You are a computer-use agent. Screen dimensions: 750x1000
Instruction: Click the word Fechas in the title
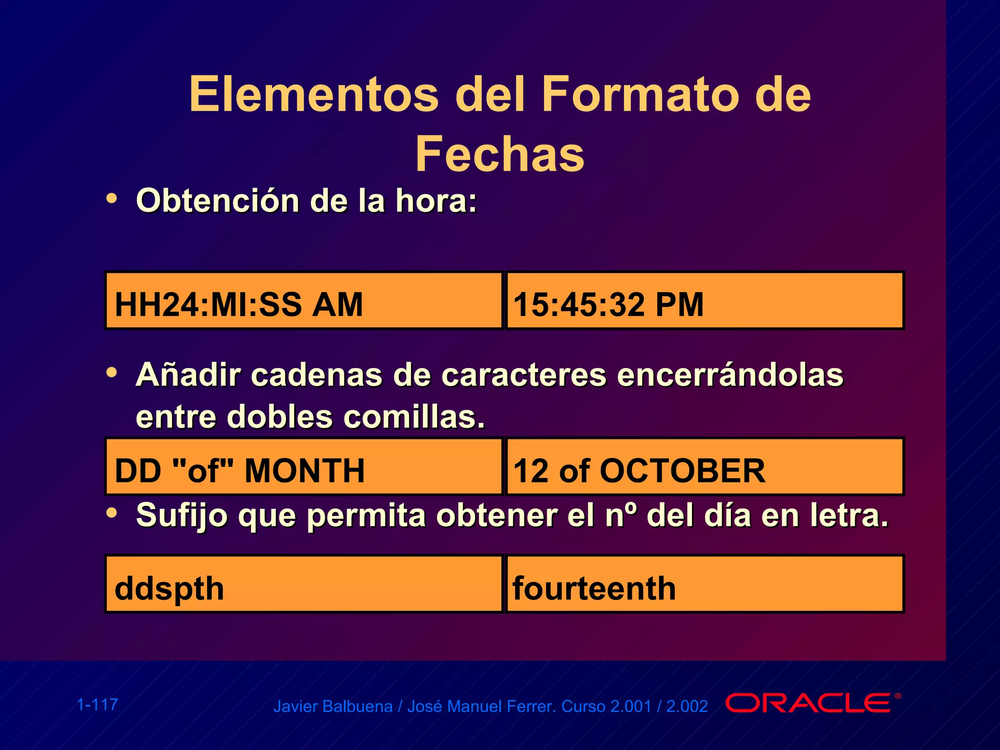click(500, 154)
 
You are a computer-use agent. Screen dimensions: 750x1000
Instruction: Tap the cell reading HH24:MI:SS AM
click(304, 301)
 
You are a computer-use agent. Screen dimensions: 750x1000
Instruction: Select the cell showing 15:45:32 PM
click(705, 301)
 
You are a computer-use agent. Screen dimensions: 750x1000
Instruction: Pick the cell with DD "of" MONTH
click(304, 467)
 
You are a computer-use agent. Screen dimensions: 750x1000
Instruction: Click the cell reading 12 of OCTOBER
click(705, 467)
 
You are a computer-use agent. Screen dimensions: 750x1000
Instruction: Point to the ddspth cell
click(304, 584)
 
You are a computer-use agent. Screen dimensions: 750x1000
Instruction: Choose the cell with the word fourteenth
click(705, 584)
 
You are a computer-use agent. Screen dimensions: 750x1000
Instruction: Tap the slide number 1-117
click(98, 705)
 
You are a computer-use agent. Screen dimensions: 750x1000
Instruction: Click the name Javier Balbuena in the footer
click(333, 707)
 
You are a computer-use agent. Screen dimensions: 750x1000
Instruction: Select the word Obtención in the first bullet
click(218, 201)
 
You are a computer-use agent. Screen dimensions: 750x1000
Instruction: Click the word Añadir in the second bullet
click(188, 375)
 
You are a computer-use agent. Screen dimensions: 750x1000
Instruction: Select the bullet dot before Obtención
click(112, 198)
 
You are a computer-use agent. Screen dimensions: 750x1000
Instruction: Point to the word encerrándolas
click(730, 375)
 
